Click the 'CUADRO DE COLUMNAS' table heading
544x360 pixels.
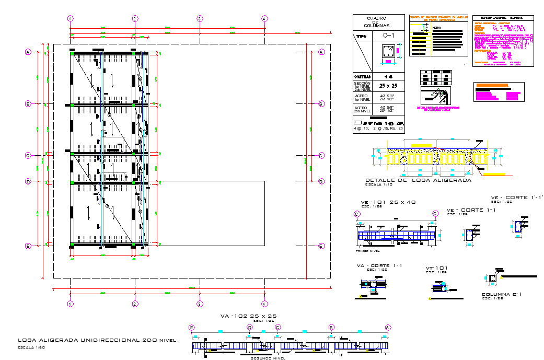click(x=379, y=21)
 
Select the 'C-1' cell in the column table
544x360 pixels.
click(x=388, y=36)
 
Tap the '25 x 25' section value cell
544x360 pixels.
click(x=388, y=85)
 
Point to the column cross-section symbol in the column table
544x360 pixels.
click(x=387, y=53)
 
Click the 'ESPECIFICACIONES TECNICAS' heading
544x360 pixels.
click(x=504, y=18)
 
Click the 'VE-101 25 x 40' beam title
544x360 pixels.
click(x=388, y=202)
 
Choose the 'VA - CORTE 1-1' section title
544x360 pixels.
click(x=379, y=265)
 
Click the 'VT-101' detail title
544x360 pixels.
click(x=436, y=268)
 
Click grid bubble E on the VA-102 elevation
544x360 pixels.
click(x=192, y=328)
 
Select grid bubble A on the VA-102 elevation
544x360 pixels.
click(x=388, y=328)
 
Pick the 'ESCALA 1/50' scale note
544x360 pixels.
click(x=31, y=347)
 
